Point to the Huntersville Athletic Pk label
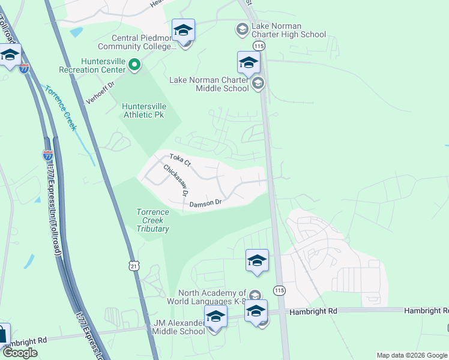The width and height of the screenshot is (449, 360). click(144, 110)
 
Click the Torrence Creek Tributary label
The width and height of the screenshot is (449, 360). click(152, 220)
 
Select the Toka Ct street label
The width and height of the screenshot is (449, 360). click(179, 160)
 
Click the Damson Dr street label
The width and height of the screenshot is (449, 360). click(206, 204)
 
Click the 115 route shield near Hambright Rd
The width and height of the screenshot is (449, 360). click(279, 290)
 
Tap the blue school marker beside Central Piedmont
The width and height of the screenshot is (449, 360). click(183, 29)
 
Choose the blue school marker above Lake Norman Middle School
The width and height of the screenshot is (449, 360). click(249, 61)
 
